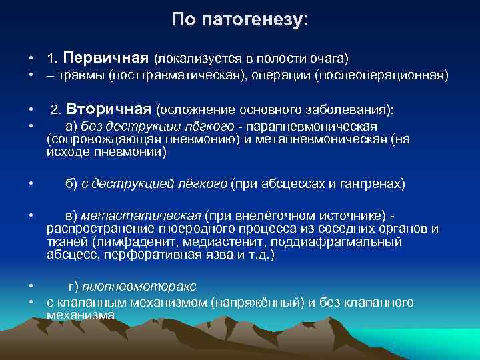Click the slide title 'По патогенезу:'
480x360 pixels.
[239, 19]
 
